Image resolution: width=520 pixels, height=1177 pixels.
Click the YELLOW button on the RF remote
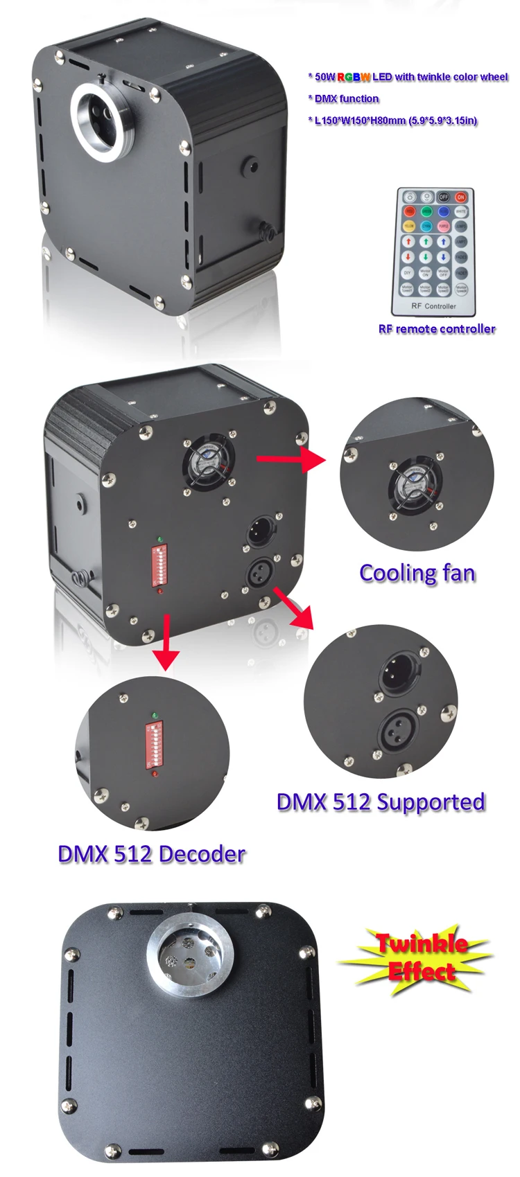(x=410, y=226)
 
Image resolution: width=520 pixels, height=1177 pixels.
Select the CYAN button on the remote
(x=426, y=226)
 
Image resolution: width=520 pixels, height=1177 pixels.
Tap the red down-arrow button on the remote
(x=410, y=257)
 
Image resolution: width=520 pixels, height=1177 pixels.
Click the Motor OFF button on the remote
(x=444, y=273)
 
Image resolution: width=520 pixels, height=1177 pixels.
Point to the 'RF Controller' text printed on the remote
(x=434, y=306)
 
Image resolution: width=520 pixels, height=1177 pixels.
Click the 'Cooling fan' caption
(x=417, y=573)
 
